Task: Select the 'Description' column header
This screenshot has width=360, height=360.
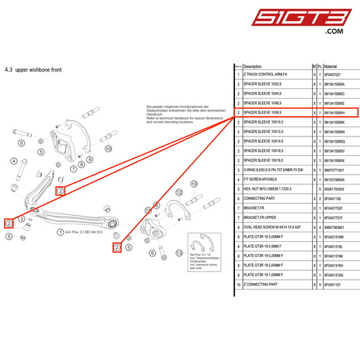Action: point(252,66)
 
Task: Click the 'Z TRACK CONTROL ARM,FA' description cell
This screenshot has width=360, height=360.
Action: point(265,75)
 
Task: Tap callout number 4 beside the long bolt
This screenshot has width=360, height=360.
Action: point(14,161)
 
